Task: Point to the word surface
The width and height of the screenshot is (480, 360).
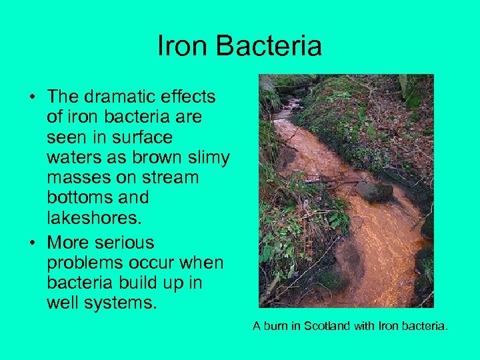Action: click(143, 137)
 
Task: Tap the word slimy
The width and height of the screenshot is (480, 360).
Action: click(205, 157)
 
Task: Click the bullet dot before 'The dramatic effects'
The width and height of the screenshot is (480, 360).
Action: click(32, 97)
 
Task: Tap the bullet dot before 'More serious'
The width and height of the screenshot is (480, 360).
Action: click(32, 243)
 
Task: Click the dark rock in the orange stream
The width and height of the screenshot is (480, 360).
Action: click(375, 192)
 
